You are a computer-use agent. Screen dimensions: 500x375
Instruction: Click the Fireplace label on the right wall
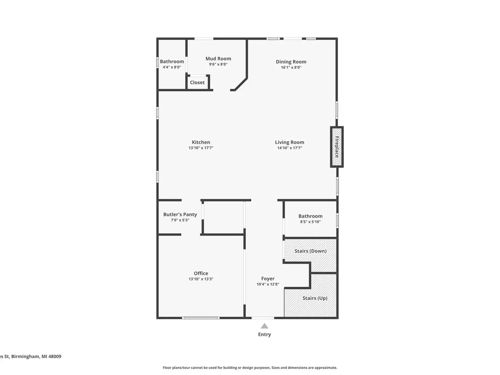point(337,146)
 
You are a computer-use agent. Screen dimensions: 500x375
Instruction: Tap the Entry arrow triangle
point(264,326)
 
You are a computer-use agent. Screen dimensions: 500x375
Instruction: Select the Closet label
point(197,82)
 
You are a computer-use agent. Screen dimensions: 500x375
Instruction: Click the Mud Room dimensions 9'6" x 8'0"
point(218,64)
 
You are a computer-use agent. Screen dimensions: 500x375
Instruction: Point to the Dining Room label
point(291,62)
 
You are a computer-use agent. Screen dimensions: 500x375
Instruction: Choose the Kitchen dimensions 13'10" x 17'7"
point(201,148)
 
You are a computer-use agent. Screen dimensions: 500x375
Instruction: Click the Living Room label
point(289,142)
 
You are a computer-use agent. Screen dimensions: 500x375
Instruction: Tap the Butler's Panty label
point(180,214)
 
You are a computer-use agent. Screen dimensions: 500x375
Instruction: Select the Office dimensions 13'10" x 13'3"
point(201,279)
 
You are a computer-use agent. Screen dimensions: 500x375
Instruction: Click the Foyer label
point(268,279)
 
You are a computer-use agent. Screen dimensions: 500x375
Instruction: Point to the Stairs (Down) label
point(310,251)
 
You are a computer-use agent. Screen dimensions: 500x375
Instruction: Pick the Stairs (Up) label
point(315,298)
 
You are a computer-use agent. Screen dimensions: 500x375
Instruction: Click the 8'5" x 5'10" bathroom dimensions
point(310,222)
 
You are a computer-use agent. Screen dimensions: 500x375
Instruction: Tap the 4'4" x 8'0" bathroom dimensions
point(172,67)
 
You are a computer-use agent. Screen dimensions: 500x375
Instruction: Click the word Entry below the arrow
point(264,334)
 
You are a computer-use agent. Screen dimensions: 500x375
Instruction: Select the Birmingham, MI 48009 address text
point(36,356)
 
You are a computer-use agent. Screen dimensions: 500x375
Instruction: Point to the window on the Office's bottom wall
point(201,318)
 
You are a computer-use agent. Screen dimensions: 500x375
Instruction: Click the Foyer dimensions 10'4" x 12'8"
point(268,284)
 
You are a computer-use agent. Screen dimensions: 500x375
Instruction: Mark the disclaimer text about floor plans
point(250,368)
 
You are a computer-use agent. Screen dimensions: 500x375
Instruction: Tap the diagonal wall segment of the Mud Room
point(241,84)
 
